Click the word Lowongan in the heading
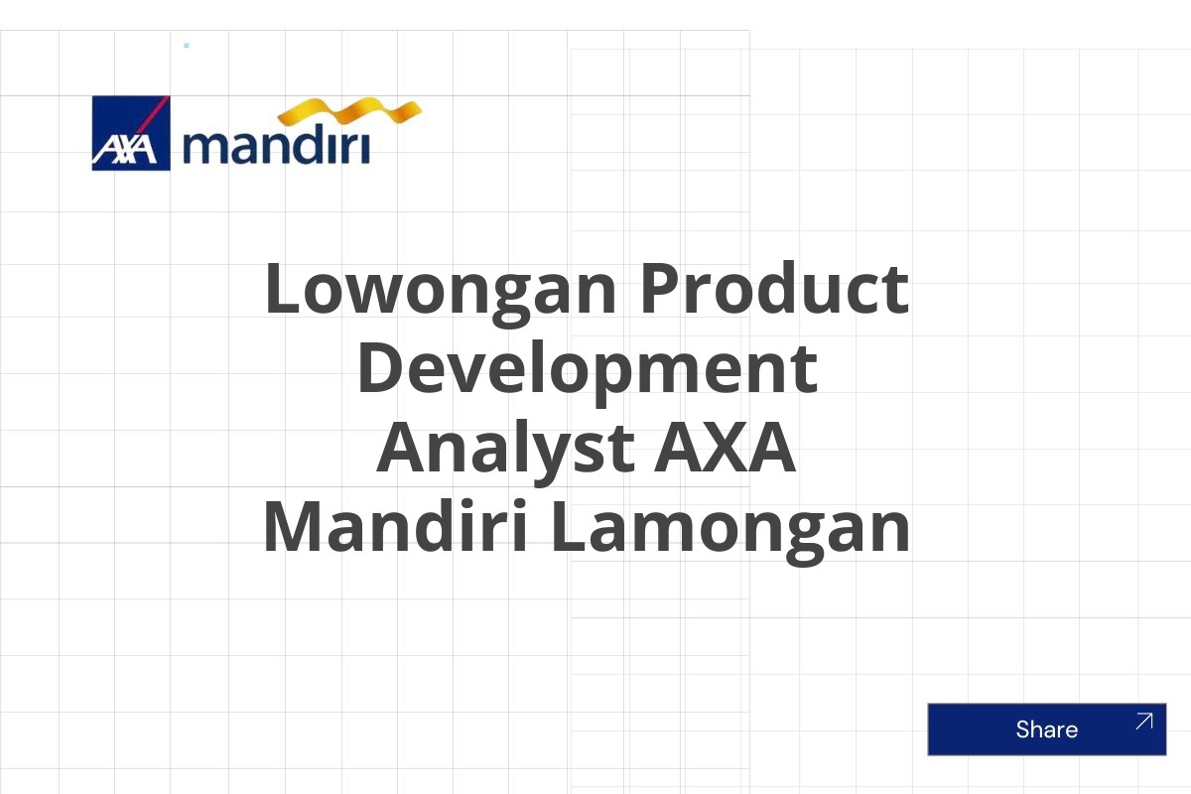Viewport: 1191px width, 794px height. pos(442,294)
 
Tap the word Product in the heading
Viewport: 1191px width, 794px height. pos(775,288)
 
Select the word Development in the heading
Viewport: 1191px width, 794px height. pos(588,373)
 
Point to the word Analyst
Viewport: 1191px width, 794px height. pos(505,453)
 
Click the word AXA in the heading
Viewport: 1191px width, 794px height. pos(726,447)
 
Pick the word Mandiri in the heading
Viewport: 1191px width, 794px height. pos(396,526)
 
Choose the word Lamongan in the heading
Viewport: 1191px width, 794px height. pos(730,532)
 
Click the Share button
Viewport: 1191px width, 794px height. pos(1047,729)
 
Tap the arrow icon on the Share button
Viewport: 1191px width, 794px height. pos(1143,722)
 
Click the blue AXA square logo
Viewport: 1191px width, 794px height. pos(131,133)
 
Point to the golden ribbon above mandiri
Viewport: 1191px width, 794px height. pos(349,112)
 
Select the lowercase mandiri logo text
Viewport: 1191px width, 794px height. pos(276,144)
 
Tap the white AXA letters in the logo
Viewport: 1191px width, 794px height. pos(125,150)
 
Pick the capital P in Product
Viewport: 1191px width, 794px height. pos(661,288)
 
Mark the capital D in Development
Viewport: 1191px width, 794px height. pos(380,367)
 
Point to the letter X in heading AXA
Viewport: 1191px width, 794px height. pos(726,447)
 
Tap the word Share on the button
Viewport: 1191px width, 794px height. pos(1047,729)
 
